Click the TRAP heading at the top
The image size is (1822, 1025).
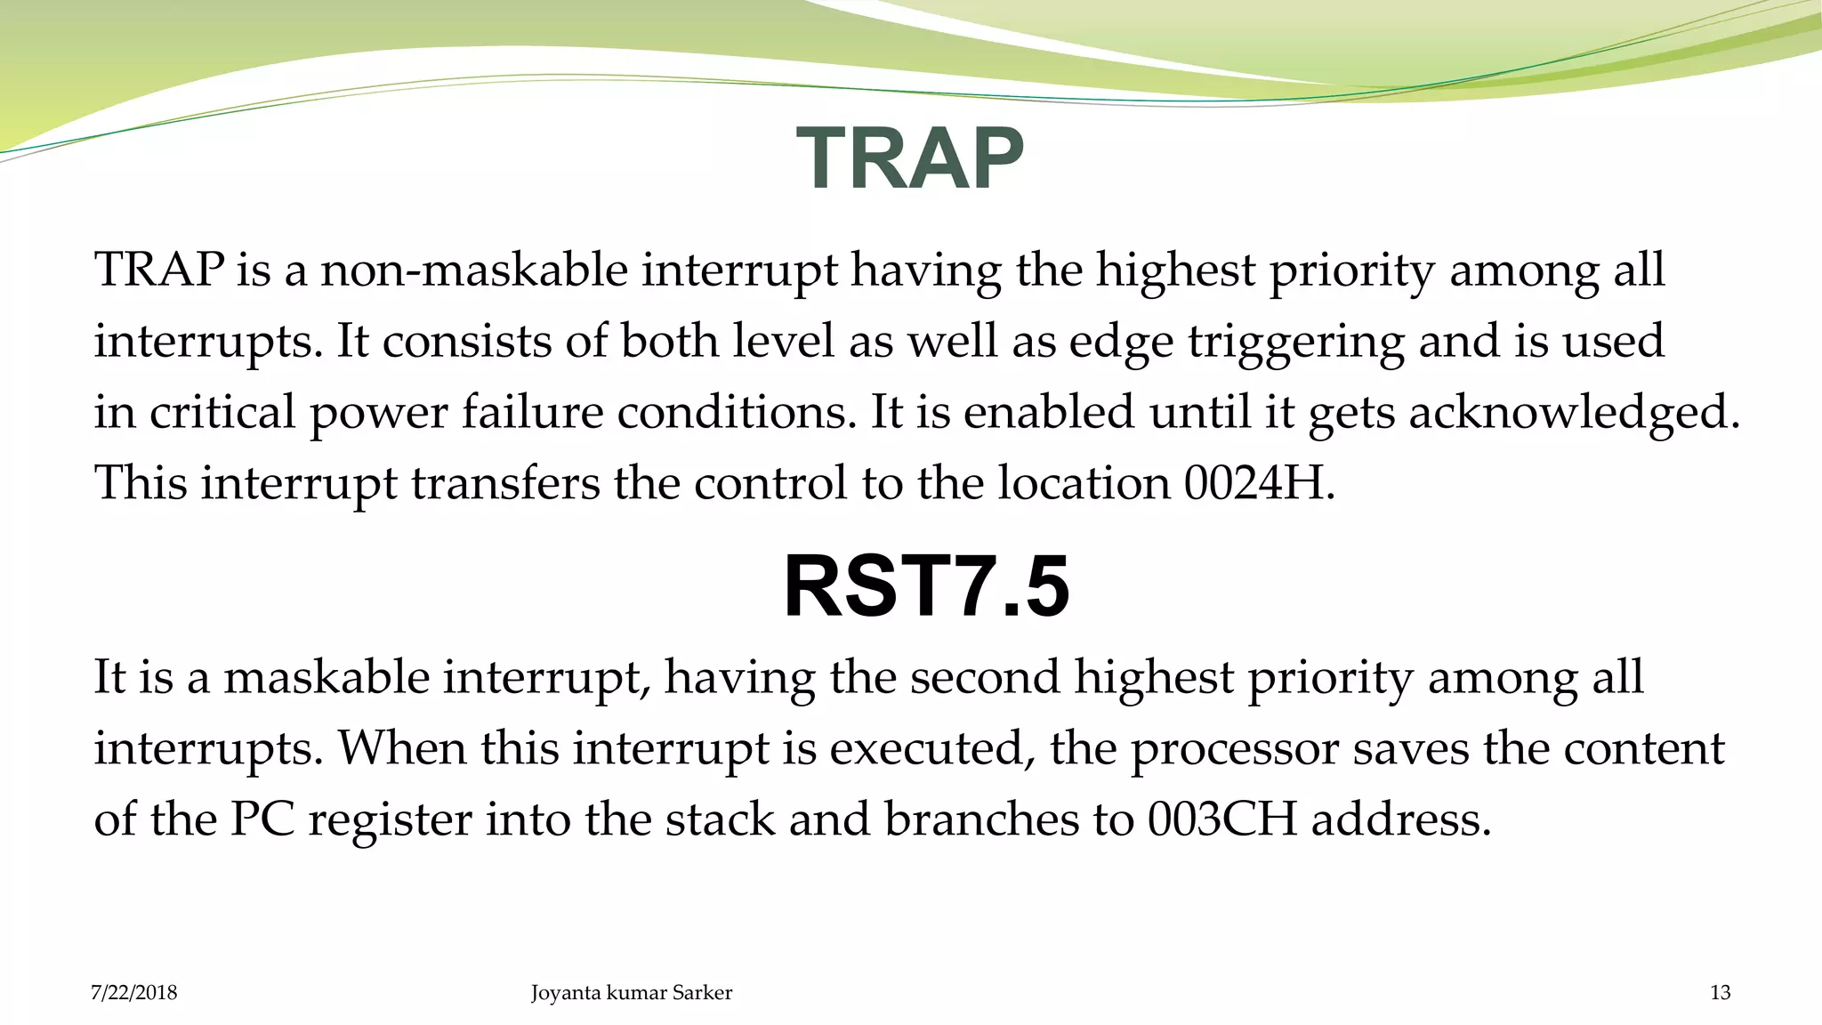pyautogui.click(x=910, y=158)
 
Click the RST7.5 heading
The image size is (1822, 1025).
pyautogui.click(x=926, y=586)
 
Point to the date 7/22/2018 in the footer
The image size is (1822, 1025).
pyautogui.click(x=134, y=992)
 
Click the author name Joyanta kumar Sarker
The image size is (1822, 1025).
pyautogui.click(x=632, y=992)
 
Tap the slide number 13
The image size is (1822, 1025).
pyautogui.click(x=1720, y=992)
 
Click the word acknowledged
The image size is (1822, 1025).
pyautogui.click(x=1574, y=414)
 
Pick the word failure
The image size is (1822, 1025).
pyautogui.click(x=532, y=414)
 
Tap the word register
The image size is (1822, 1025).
pyautogui.click(x=390, y=820)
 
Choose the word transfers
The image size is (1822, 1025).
pyautogui.click(x=504, y=484)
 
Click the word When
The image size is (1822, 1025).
pyautogui.click(x=402, y=749)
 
